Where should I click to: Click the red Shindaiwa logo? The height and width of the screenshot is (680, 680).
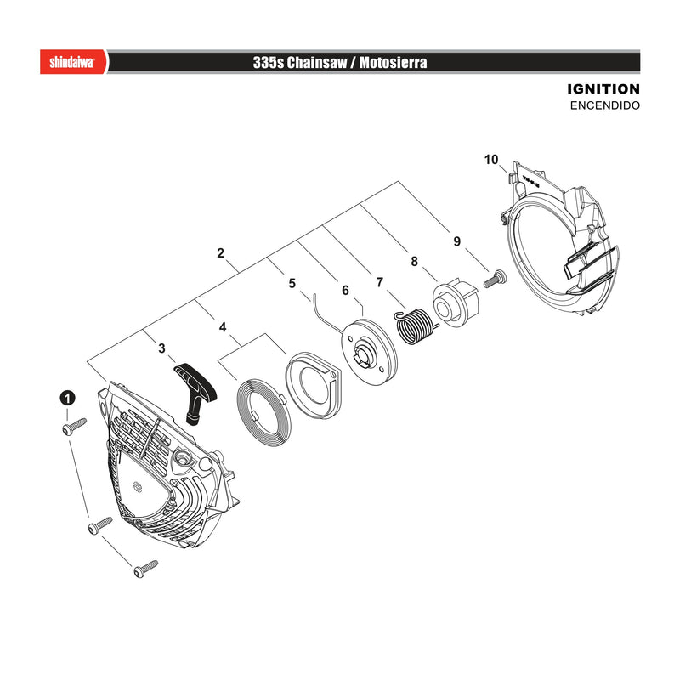[73, 61]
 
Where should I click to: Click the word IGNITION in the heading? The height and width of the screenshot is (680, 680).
[603, 89]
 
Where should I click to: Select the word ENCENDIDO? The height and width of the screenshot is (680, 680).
[605, 105]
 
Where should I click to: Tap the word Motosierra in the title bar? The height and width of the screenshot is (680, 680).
[393, 62]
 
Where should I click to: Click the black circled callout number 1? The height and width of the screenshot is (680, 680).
[67, 398]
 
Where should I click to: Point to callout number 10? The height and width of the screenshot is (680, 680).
[491, 160]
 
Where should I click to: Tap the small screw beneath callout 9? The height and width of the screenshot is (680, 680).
[496, 279]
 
